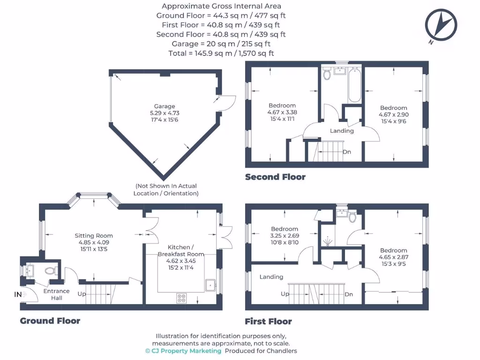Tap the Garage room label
click(165, 106)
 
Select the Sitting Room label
click(94, 236)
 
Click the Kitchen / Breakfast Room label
click(179, 251)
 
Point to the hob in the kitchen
click(181, 297)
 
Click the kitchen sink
click(210, 284)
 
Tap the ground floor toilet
click(50, 270)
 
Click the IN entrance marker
click(18, 294)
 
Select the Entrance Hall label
click(56, 294)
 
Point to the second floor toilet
click(327, 75)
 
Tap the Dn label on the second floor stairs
click(347, 152)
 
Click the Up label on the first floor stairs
click(285, 294)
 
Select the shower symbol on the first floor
click(328, 242)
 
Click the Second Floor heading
click(275, 177)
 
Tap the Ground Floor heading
click(50, 321)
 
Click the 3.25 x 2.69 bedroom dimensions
click(285, 236)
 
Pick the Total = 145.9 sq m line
click(221, 53)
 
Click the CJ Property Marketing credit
click(183, 351)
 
